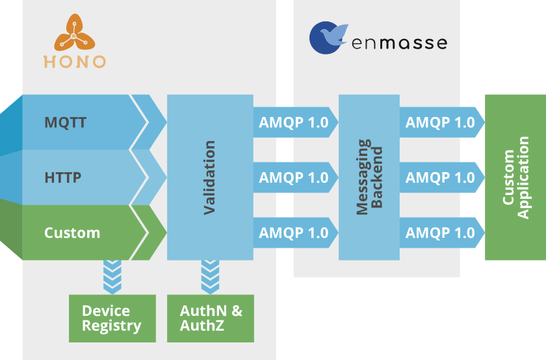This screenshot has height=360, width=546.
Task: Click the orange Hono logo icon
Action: (x=75, y=32)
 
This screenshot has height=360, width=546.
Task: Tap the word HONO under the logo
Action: (x=75, y=62)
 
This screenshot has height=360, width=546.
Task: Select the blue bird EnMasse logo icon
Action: (x=328, y=38)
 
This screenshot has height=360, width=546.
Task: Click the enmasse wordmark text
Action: (x=399, y=43)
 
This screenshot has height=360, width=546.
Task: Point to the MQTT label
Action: (x=66, y=122)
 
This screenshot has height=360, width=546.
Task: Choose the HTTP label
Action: (x=62, y=177)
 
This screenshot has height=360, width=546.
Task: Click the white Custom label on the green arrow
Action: (x=72, y=233)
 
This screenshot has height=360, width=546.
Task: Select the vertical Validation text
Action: (x=210, y=177)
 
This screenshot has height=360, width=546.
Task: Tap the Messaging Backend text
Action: (x=369, y=177)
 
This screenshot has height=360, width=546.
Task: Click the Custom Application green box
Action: (x=515, y=177)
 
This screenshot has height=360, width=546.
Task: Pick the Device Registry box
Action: (x=112, y=318)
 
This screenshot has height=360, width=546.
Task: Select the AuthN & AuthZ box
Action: (x=211, y=318)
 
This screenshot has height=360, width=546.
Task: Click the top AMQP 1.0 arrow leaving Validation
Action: (x=296, y=122)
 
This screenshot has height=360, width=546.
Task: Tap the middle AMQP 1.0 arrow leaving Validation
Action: (x=296, y=177)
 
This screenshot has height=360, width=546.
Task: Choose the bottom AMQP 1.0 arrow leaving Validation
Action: (x=296, y=233)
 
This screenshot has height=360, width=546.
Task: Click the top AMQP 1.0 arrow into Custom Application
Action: (x=442, y=122)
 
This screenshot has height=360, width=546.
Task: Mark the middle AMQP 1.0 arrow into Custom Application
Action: (x=442, y=177)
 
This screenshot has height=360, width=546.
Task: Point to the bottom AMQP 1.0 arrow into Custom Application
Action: (x=442, y=233)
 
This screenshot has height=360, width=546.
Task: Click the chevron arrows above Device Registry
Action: (x=112, y=277)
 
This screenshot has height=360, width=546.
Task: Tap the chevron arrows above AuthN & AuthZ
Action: (x=211, y=277)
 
